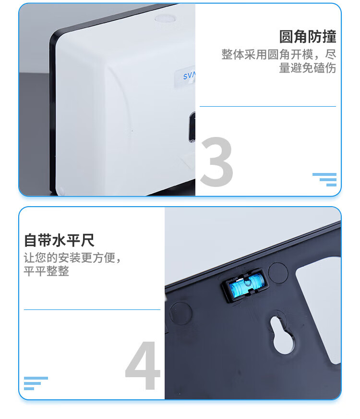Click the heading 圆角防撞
[x=307, y=37]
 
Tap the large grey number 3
[x=216, y=162]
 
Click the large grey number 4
[x=143, y=365]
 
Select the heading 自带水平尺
[x=59, y=240]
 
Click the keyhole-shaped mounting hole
[x=282, y=335]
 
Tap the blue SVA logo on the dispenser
[x=189, y=75]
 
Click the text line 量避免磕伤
[x=307, y=68]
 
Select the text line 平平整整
[x=47, y=271]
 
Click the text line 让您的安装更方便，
[x=72, y=258]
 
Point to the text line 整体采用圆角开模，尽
[x=279, y=54]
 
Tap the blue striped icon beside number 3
[x=324, y=180]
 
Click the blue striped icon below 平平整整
[x=36, y=383]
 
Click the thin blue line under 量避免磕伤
[x=268, y=106]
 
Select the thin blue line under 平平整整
[x=92, y=310]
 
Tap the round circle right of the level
[x=278, y=272]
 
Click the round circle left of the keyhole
[x=180, y=313]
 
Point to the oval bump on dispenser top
[x=166, y=19]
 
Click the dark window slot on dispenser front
[x=192, y=127]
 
